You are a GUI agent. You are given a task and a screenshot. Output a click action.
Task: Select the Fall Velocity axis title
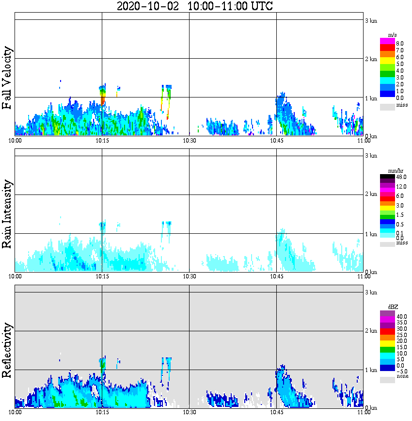[x=7, y=78]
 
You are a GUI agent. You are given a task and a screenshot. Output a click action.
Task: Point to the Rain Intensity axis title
[x=7, y=214]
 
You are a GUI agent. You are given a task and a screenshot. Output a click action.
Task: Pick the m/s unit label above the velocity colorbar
[x=393, y=35]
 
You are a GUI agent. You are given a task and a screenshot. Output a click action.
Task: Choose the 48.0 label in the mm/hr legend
[x=400, y=177]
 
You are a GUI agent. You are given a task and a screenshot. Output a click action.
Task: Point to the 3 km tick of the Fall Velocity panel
[x=371, y=20]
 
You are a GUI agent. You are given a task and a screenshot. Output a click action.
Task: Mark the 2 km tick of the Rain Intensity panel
[x=371, y=194]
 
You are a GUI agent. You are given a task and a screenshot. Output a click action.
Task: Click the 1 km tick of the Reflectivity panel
[x=371, y=370]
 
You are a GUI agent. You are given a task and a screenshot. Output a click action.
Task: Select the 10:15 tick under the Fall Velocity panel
[x=102, y=140]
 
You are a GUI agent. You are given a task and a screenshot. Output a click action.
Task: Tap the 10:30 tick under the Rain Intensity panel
[x=189, y=276]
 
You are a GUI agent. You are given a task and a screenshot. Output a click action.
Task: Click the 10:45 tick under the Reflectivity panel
[x=277, y=412]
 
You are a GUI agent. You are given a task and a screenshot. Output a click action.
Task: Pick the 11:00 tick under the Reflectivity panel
[x=364, y=412]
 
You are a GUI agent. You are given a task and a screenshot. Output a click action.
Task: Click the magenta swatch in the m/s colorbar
[x=387, y=41]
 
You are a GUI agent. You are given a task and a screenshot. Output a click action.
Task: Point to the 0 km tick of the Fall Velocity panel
[x=371, y=136]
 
